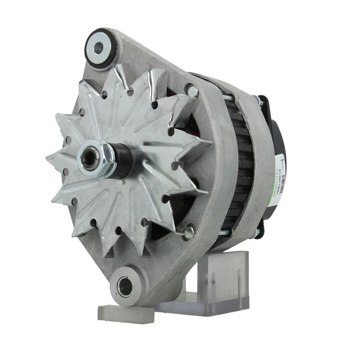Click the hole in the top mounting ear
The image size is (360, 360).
coord(100,48)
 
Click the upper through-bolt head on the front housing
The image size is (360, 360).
coord(192,90)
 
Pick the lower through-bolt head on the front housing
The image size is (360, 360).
coord(189,232)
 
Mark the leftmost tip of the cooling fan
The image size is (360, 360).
coord(48,157)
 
